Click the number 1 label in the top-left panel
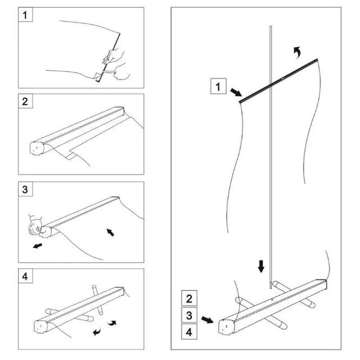click(x=25, y=15)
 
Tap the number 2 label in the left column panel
click(x=25, y=101)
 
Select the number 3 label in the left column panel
click(x=25, y=190)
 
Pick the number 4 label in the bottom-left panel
click(x=25, y=276)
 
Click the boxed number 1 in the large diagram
click(x=218, y=87)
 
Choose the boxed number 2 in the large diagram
click(x=189, y=299)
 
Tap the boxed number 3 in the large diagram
click(x=189, y=315)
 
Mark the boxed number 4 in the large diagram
click(x=189, y=332)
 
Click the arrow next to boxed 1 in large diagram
click(x=236, y=92)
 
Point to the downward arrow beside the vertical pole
click(x=261, y=266)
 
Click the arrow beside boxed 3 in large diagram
click(x=208, y=319)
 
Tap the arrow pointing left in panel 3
click(x=38, y=246)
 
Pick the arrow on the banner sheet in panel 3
click(x=110, y=232)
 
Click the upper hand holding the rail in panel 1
click(x=114, y=56)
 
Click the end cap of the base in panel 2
click(x=37, y=148)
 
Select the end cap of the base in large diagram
click(x=226, y=326)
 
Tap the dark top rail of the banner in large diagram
click(x=278, y=80)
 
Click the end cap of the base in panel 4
click(x=41, y=326)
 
